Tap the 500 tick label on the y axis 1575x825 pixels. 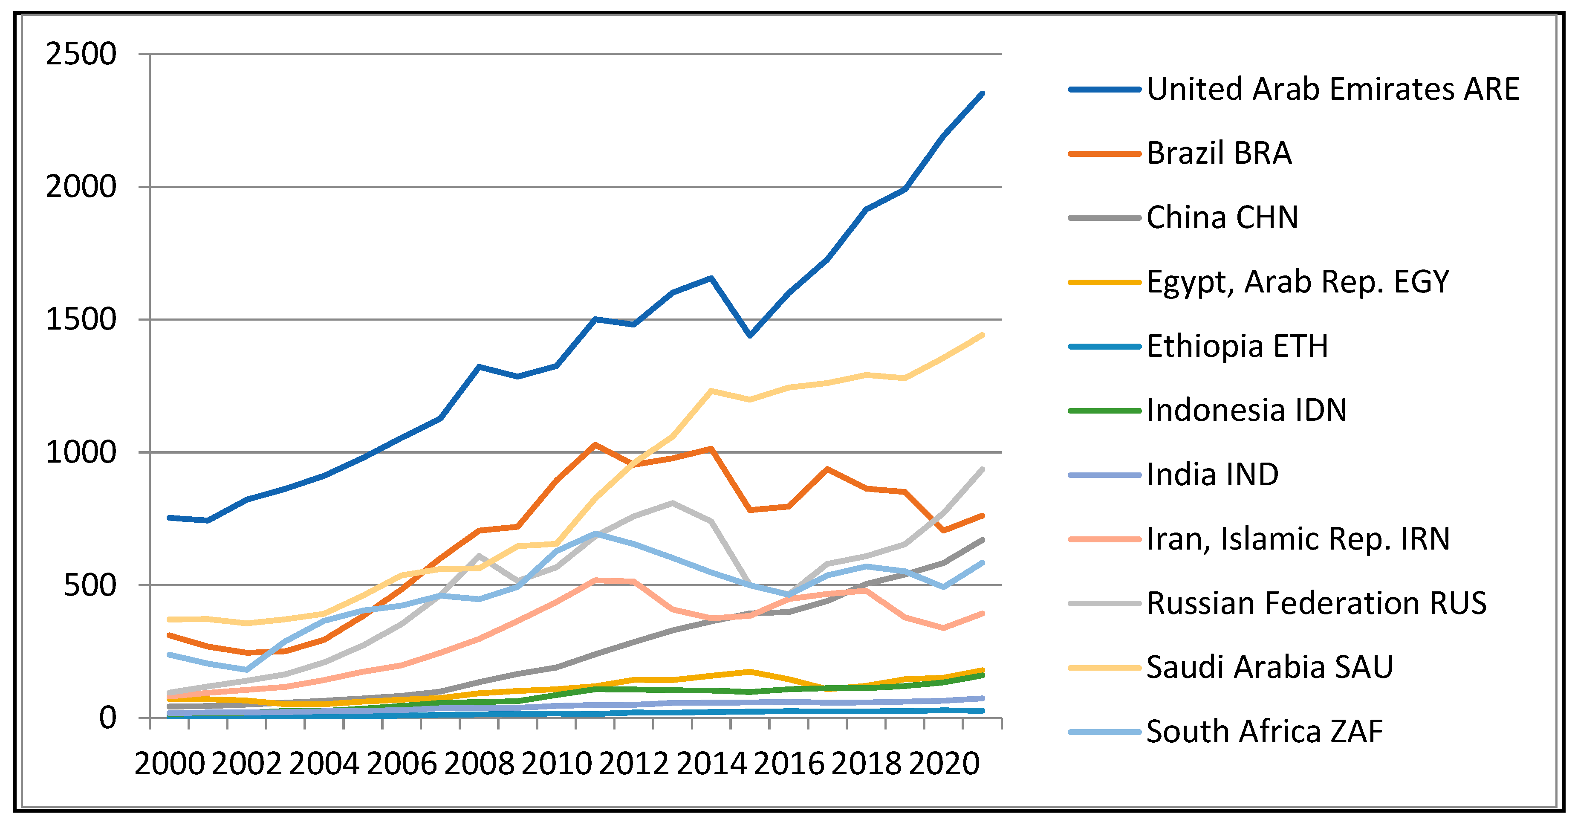(90, 585)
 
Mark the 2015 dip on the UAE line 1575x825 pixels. (750, 335)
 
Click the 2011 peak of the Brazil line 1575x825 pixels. (595, 445)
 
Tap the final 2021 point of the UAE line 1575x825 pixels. (982, 93)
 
